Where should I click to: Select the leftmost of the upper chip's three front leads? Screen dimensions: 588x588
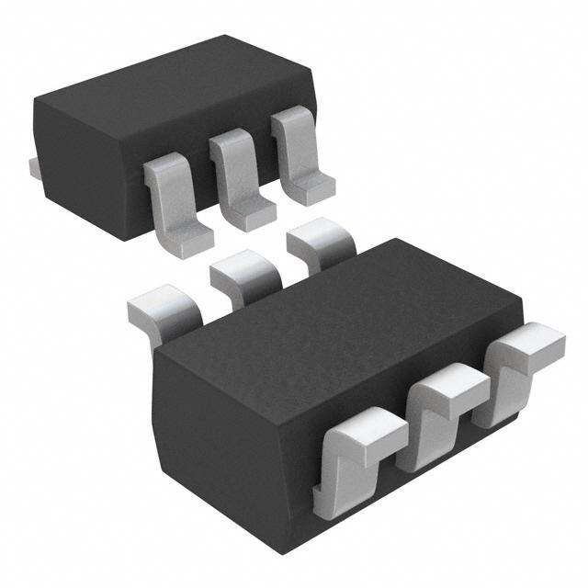click(175, 202)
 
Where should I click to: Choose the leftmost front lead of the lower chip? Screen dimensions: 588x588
click(354, 459)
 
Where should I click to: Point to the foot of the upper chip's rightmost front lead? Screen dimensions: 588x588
click(311, 188)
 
